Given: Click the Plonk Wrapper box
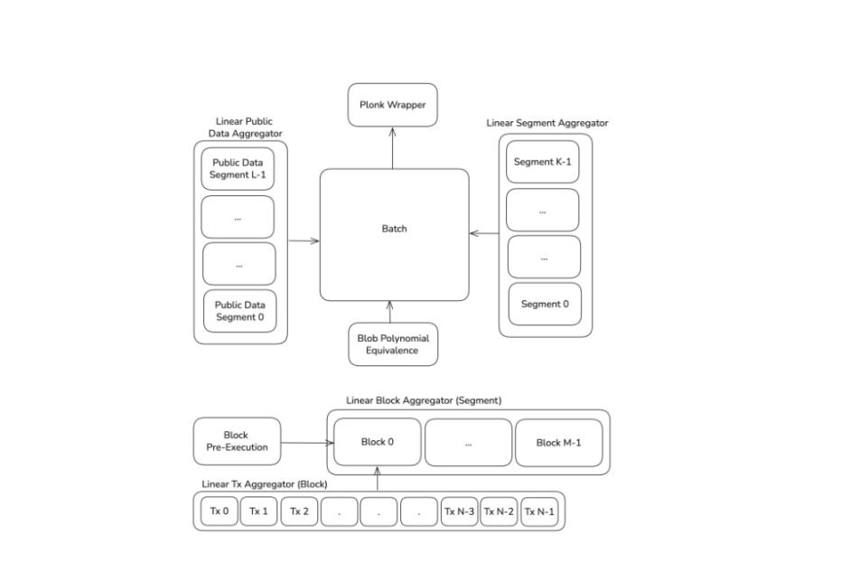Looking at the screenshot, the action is (x=393, y=105).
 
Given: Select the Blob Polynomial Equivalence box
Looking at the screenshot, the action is (x=393, y=344).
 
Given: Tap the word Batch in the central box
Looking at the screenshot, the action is (x=394, y=229).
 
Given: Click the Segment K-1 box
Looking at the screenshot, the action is (x=543, y=162).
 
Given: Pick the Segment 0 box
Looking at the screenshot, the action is (x=545, y=305).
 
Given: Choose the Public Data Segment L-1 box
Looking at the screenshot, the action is (x=238, y=169).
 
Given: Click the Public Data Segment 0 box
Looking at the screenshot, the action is (x=239, y=311).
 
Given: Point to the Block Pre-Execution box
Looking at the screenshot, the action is (x=237, y=441).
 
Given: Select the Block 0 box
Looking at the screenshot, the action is (x=378, y=442).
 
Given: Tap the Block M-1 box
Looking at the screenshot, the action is (x=559, y=443).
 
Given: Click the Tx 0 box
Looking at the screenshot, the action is (x=220, y=511).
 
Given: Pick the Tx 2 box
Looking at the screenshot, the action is (x=299, y=511).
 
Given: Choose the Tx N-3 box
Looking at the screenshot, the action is (x=459, y=511).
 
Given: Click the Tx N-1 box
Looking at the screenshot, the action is (x=539, y=511).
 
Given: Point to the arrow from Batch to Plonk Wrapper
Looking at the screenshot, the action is (x=393, y=148).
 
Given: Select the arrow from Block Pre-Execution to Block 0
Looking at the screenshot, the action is (x=307, y=443).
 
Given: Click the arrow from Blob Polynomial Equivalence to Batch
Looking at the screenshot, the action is (x=390, y=312).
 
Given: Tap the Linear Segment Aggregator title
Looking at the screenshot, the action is (x=547, y=123).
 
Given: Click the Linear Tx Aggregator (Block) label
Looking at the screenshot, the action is (x=265, y=484).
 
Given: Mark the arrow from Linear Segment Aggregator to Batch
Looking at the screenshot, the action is (x=484, y=233).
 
